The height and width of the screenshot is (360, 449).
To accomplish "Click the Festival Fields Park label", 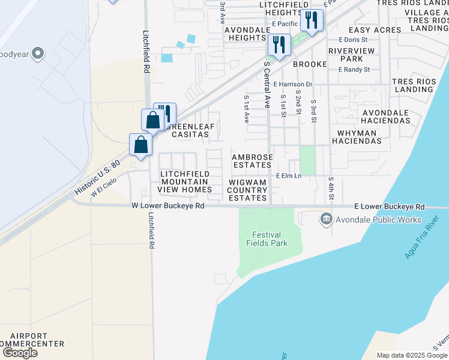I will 267,239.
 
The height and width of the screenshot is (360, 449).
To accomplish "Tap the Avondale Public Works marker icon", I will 327,219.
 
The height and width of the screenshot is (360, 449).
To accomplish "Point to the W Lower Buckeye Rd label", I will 168,206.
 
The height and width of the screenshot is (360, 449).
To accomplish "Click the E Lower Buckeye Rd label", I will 390,207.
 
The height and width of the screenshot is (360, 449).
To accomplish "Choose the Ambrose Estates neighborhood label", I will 253,161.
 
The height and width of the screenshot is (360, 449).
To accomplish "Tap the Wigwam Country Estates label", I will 247,190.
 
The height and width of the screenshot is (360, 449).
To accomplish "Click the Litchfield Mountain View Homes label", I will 185,182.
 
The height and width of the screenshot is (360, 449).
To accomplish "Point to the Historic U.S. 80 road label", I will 98,176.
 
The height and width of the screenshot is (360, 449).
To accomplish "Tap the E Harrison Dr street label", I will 293,85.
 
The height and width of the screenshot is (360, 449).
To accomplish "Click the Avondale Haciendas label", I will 386,117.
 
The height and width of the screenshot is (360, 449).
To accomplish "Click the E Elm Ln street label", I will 288,175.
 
